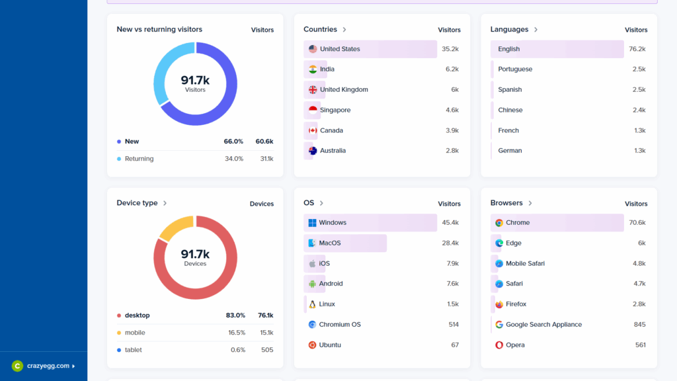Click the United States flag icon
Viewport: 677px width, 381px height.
pos(313,49)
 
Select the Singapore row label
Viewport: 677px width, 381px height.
pos(335,110)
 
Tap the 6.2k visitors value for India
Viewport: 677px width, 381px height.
pos(452,69)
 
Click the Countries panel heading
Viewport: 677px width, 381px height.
pos(320,30)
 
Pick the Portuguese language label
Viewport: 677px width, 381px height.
pos(515,69)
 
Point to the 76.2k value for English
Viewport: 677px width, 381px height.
pos(637,49)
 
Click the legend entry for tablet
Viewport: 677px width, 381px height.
pos(133,350)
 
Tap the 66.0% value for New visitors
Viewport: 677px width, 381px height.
pos(233,142)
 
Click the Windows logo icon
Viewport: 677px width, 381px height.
pos(312,223)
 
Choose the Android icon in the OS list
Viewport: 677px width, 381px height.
pos(312,284)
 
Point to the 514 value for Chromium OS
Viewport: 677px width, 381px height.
pos(453,325)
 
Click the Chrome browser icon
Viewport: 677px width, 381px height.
pos(499,223)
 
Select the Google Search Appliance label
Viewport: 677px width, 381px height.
pos(543,325)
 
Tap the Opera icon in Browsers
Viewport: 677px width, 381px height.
pos(499,345)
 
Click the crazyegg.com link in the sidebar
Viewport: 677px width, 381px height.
pos(48,366)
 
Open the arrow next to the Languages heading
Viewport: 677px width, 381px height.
pos(536,30)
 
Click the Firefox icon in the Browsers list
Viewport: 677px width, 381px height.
pos(499,304)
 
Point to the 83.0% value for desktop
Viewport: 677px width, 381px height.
pos(235,316)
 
